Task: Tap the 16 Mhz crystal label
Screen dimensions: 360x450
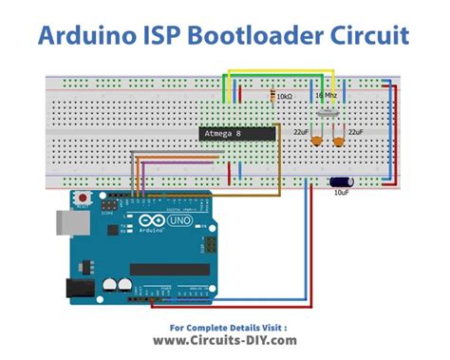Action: tap(325, 96)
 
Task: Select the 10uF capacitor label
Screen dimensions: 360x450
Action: tap(339, 191)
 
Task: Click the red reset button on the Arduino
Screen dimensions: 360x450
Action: tap(83, 199)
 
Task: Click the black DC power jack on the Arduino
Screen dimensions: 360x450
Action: tap(75, 288)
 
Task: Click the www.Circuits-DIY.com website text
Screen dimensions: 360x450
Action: tap(225, 340)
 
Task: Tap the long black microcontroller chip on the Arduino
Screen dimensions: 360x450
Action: tap(169, 269)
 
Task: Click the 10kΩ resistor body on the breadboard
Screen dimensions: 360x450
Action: tap(273, 97)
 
